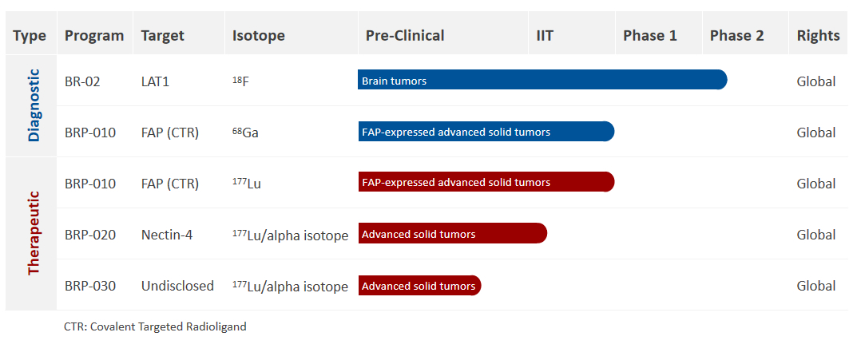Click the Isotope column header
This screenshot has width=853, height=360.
(259, 36)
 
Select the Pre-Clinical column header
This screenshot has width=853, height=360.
(405, 36)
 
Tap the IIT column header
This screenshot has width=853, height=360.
(545, 36)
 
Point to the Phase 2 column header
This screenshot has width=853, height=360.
(736, 36)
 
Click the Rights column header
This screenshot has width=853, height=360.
(818, 36)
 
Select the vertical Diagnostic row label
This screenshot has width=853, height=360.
(34, 105)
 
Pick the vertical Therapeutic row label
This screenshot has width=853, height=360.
(34, 233)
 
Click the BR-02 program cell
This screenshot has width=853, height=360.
(82, 81)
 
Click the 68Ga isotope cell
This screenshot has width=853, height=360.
(245, 133)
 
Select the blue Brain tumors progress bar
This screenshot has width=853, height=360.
(542, 79)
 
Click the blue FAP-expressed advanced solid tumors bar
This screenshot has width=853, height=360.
(486, 132)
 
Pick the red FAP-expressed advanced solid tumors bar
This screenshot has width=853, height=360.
(486, 182)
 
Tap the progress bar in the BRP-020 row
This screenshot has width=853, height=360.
(453, 233)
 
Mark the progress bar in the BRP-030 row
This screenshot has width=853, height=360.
(420, 286)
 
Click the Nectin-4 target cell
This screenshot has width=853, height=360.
(166, 235)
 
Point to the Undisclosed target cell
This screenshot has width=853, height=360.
(177, 286)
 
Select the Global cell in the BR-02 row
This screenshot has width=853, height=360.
(816, 81)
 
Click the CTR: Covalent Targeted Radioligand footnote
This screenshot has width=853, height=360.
(155, 326)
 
